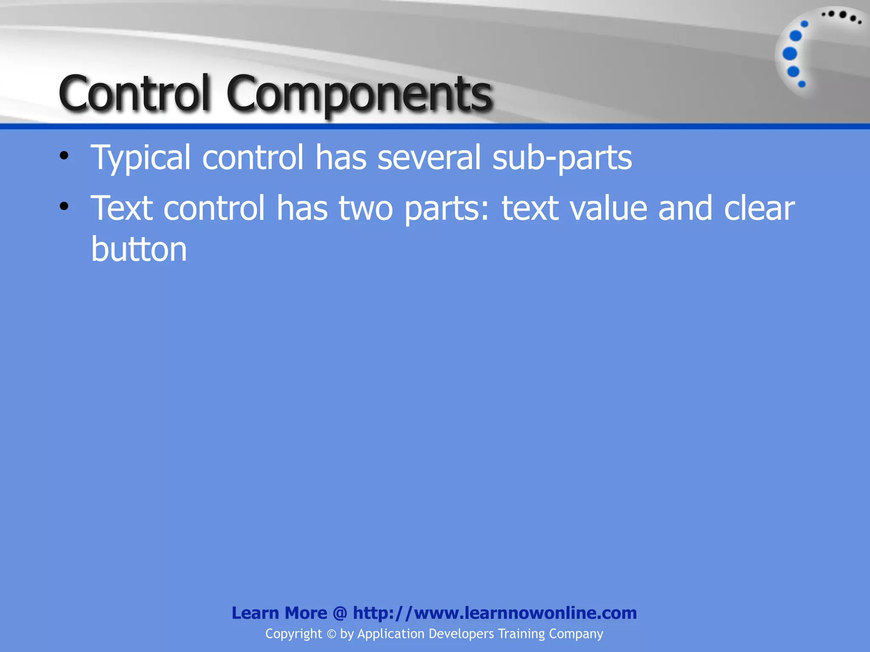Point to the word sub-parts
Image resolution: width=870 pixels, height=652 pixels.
coord(562,158)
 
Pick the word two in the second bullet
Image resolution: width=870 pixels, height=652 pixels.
coord(366,208)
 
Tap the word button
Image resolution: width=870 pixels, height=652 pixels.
coord(139,249)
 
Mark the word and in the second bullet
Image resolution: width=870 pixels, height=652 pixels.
coord(685,208)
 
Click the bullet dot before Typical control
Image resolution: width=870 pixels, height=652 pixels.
coord(64,156)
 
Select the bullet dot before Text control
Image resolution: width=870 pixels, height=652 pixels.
coord(64,207)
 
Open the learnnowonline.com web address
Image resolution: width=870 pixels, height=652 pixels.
coord(495,613)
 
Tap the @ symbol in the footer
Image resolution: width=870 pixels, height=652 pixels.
coord(340,613)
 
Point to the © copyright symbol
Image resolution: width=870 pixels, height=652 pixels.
coord(331,634)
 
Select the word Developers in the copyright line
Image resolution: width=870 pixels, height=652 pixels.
coord(461,634)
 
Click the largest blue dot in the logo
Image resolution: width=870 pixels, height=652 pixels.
coord(790,54)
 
